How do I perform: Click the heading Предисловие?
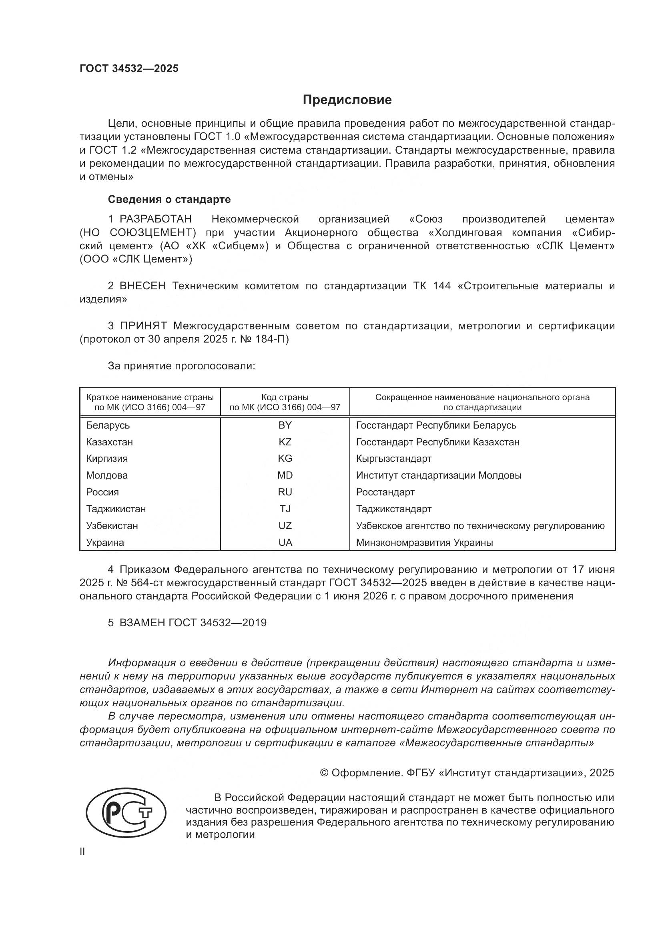point(347,100)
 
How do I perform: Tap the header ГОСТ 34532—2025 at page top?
point(129,68)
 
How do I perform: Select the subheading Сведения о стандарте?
point(169,199)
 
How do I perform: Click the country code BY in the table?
point(285,425)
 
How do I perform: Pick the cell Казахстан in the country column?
point(109,442)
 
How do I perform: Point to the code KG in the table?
point(285,459)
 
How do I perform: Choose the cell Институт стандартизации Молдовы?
point(439,475)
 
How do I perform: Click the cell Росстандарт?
point(385,492)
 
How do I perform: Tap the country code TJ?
point(285,509)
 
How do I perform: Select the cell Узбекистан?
point(112,525)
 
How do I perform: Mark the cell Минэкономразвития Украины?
point(424,543)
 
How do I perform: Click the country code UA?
point(285,543)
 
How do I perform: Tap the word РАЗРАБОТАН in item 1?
point(155,219)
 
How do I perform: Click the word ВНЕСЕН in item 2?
point(142,286)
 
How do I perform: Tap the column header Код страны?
point(285,397)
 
